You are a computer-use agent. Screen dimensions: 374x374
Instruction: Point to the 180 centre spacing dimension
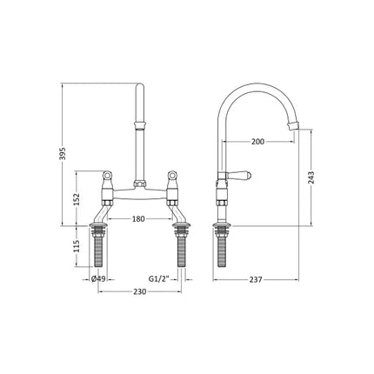click(139, 219)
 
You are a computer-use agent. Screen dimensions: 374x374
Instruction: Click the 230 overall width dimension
click(139, 293)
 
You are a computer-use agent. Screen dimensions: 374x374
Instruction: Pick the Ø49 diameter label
click(98, 279)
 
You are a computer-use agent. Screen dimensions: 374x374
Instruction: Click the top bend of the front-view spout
click(141, 87)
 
